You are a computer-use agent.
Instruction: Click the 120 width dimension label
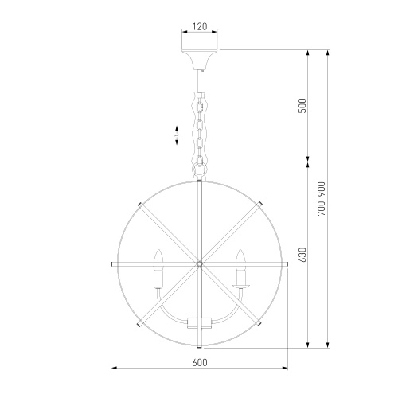(x=200, y=26)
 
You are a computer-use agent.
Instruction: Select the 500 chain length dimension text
(x=302, y=106)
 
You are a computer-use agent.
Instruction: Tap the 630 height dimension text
(x=302, y=255)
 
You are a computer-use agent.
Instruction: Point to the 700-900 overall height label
(x=322, y=199)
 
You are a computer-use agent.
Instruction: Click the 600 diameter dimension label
(x=200, y=362)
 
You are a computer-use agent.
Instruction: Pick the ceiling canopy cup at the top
(x=200, y=60)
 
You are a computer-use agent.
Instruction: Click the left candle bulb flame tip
(x=158, y=250)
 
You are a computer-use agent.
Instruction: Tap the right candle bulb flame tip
(x=240, y=250)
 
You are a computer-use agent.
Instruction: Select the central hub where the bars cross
(x=199, y=264)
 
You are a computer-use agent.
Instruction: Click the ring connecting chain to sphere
(x=199, y=169)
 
